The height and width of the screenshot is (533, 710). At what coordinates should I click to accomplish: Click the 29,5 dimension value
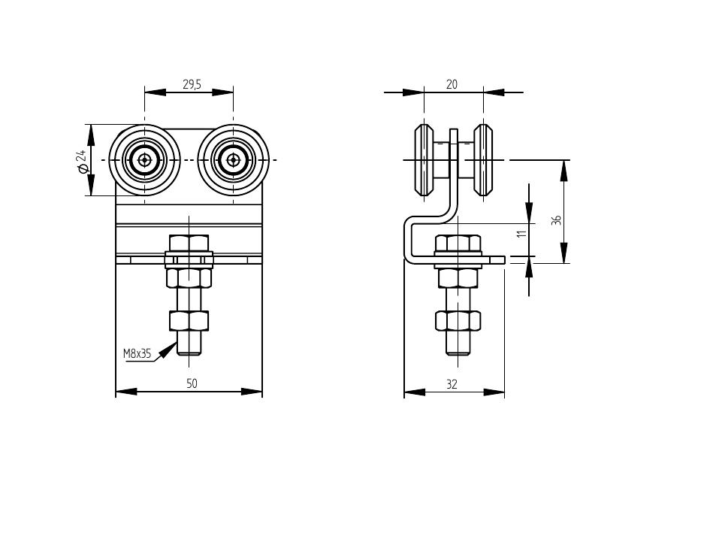click(192, 85)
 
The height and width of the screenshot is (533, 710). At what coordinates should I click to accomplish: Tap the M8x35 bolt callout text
click(137, 352)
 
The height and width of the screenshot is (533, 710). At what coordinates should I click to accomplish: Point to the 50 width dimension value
click(192, 383)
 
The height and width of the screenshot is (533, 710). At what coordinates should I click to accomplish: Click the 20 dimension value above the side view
click(452, 85)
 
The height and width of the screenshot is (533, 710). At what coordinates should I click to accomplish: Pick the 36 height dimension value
click(556, 220)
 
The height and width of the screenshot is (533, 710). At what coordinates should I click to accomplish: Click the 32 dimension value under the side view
click(452, 383)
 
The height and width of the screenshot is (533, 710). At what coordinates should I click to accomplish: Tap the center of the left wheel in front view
click(144, 159)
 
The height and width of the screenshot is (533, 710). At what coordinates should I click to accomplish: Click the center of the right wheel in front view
click(233, 159)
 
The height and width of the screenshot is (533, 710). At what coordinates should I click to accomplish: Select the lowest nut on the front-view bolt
click(189, 321)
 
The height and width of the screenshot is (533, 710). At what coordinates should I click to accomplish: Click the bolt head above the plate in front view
click(189, 243)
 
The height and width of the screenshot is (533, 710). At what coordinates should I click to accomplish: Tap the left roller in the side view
click(424, 159)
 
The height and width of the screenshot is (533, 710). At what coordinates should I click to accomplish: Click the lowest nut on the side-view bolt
click(458, 321)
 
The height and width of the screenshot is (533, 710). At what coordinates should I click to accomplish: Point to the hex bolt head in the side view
click(458, 243)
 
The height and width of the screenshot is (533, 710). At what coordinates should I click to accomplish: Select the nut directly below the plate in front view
click(189, 278)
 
